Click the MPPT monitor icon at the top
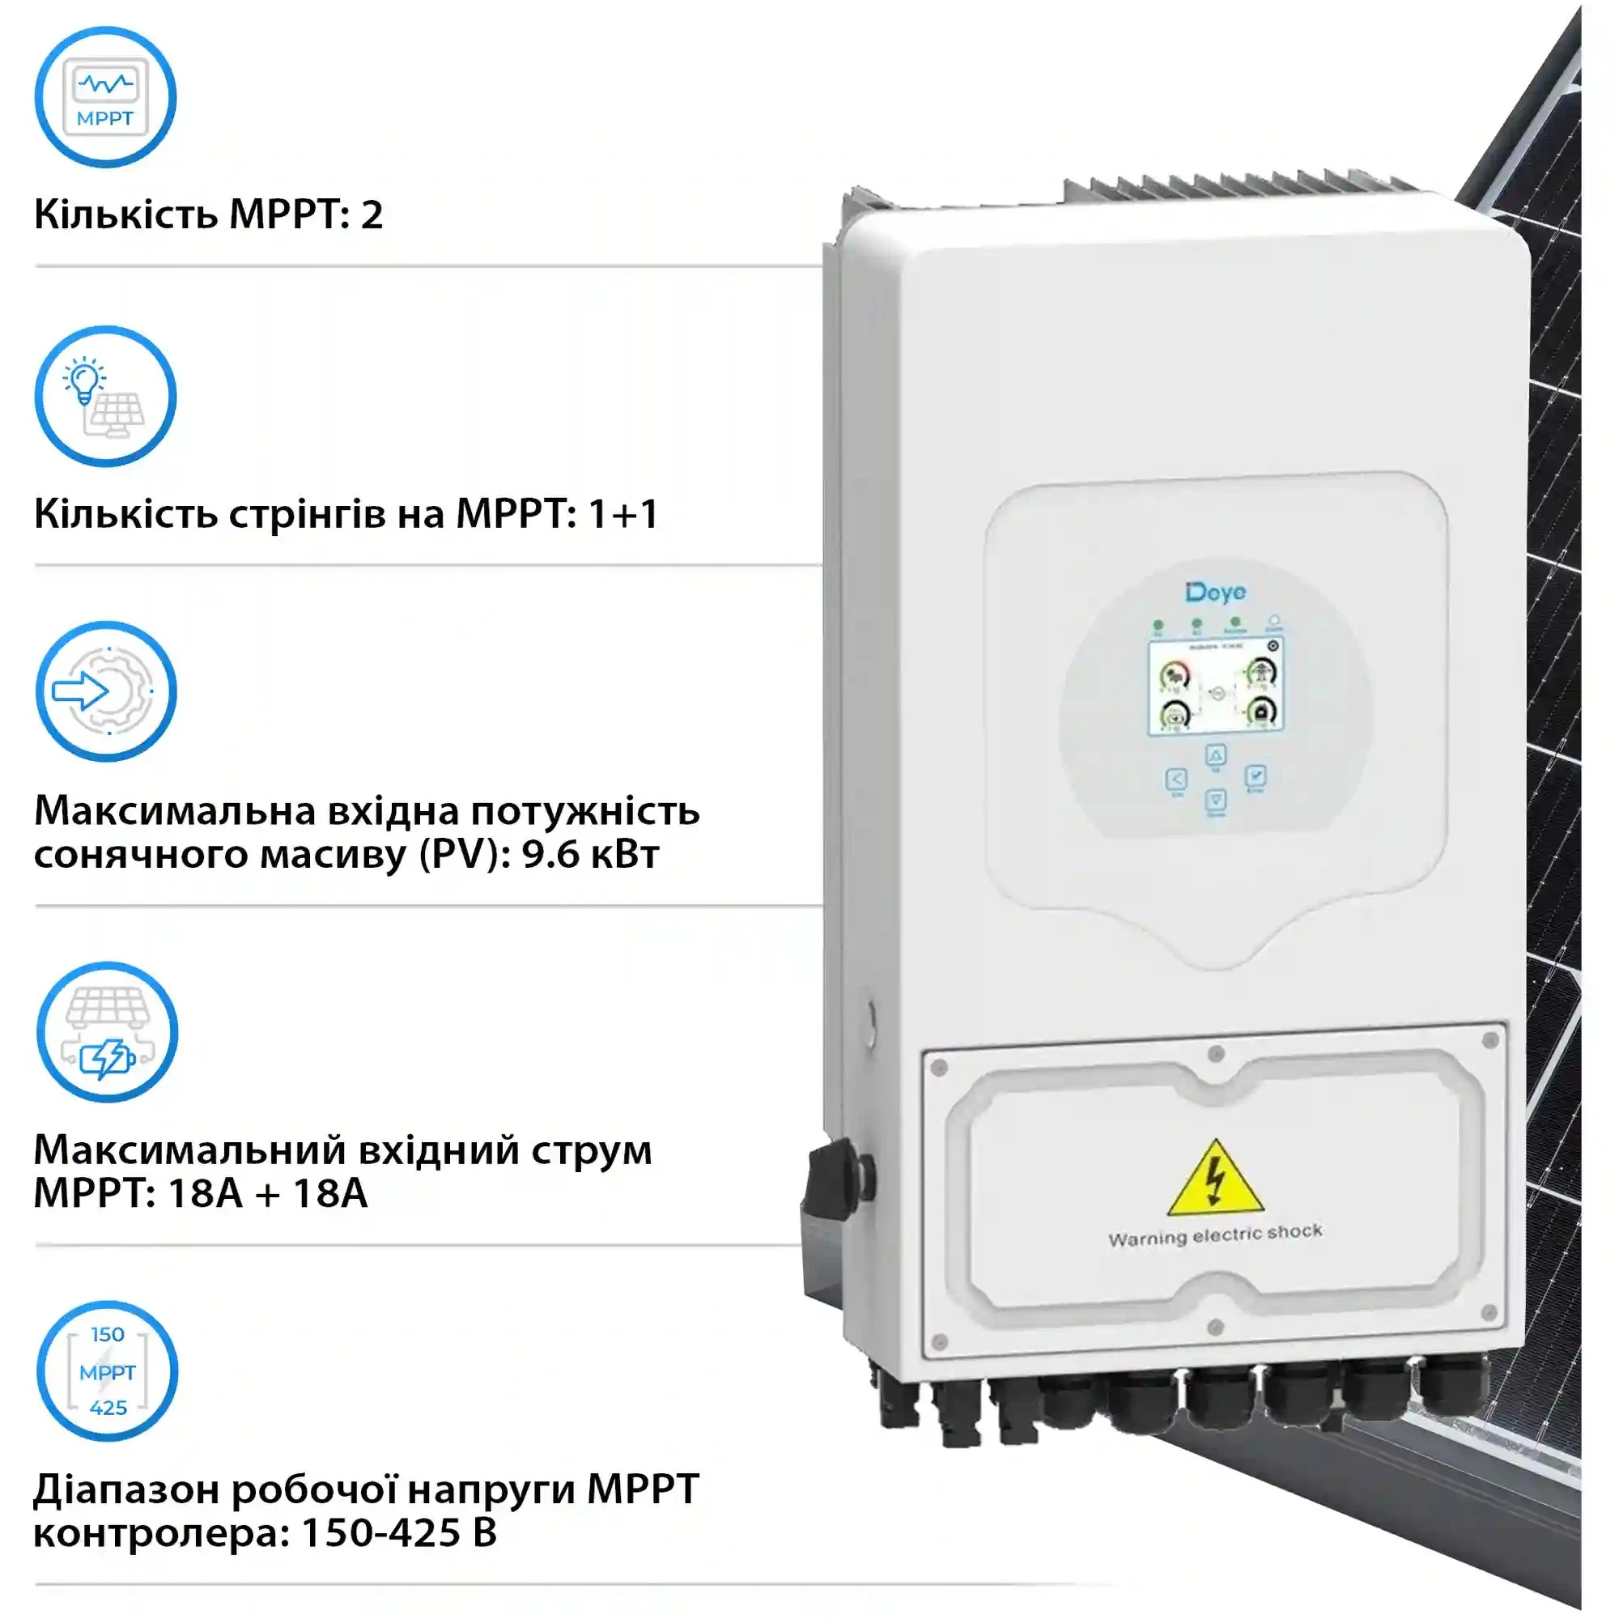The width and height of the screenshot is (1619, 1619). [104, 97]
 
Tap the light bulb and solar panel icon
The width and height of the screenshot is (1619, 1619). [104, 397]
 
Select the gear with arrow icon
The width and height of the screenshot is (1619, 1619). [105, 692]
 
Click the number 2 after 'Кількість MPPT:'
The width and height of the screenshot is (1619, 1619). [372, 215]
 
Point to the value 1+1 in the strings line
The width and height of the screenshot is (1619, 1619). [623, 514]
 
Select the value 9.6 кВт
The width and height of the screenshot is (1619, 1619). [591, 854]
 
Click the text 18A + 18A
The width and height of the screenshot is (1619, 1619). [267, 1193]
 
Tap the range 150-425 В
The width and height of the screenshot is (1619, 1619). [399, 1532]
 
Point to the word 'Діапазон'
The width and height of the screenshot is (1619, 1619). [125, 1490]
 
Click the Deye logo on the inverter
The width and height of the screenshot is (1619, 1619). [1215, 593]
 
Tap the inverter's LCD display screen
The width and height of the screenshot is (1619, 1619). [1215, 686]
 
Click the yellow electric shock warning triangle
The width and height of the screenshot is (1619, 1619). [1215, 1179]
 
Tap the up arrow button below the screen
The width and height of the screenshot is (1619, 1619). [1216, 756]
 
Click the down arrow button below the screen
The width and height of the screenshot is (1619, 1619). [1216, 800]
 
